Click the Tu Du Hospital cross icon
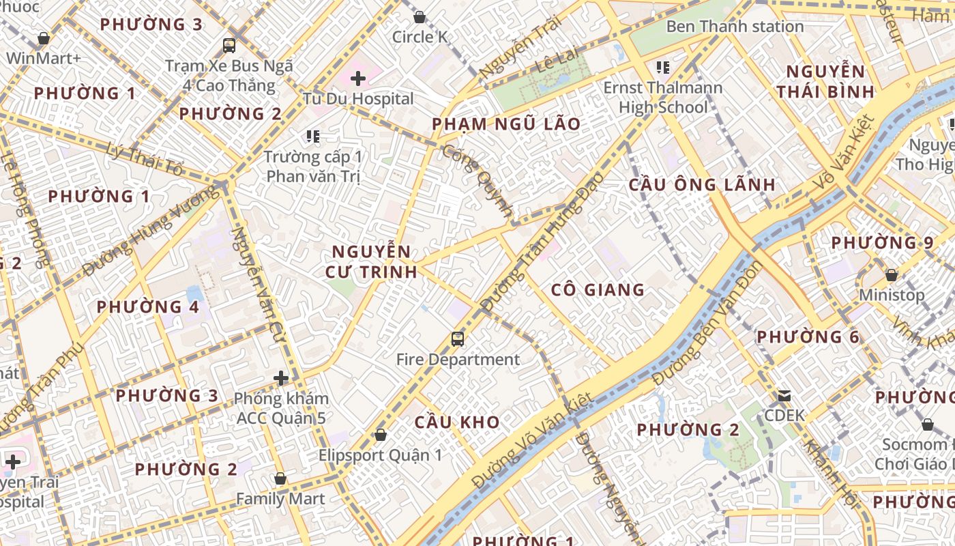(x=358, y=78)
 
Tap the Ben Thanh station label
(x=735, y=27)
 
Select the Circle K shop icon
(x=420, y=17)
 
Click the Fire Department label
(x=458, y=360)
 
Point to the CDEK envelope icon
(x=784, y=396)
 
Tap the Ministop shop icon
(x=891, y=276)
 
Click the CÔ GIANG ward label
(x=598, y=290)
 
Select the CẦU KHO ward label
(x=457, y=422)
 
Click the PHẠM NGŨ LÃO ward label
(x=506, y=124)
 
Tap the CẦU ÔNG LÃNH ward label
(x=702, y=184)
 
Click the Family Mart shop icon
(x=280, y=479)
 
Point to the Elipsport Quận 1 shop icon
(x=381, y=435)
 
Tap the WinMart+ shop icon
(x=44, y=38)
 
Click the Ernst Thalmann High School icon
(x=662, y=68)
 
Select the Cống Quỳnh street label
(x=477, y=182)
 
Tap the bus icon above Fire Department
(x=457, y=339)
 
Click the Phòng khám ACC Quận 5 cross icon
(x=281, y=377)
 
